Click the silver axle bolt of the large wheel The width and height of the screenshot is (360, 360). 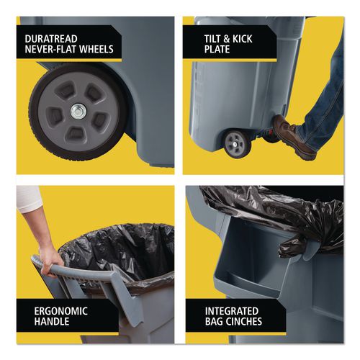coord(76,110)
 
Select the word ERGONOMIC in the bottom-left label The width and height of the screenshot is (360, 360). coord(62,310)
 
